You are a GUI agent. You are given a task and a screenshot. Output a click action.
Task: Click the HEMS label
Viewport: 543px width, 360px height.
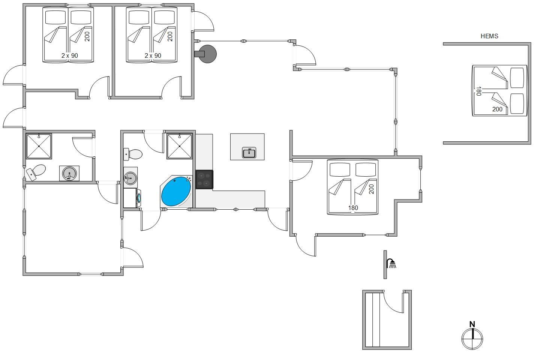tap(489, 36)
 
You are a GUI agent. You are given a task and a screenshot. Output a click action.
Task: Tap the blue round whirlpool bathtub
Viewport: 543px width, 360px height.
tap(176, 191)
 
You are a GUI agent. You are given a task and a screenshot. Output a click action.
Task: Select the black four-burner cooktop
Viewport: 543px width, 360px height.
tap(204, 180)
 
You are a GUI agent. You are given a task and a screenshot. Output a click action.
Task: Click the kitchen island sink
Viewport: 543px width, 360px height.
tap(249, 153)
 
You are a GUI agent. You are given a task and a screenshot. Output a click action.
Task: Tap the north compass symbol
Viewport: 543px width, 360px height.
tap(472, 339)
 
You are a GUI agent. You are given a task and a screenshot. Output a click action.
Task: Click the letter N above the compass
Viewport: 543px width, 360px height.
tap(472, 324)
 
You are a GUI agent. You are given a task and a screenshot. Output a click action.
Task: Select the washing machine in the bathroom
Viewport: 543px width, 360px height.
tap(132, 198)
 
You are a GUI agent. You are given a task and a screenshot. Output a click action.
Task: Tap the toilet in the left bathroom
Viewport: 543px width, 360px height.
tap(36, 172)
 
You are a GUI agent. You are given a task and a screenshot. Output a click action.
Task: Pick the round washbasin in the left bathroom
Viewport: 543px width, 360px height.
tap(69, 173)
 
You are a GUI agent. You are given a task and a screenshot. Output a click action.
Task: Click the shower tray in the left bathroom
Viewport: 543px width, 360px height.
tap(39, 146)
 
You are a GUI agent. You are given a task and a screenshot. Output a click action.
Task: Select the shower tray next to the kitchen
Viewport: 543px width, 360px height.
tap(179, 146)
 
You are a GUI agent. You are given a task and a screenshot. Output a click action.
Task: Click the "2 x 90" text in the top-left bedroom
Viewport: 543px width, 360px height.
tap(70, 55)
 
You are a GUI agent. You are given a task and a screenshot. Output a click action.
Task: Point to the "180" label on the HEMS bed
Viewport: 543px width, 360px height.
tap(478, 91)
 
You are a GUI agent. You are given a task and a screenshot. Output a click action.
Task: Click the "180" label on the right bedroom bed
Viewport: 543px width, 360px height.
tap(353, 208)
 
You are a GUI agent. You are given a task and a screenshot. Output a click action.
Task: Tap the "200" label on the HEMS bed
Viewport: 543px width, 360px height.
tap(497, 109)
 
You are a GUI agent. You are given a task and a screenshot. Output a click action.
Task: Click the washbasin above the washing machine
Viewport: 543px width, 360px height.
tap(130, 177)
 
